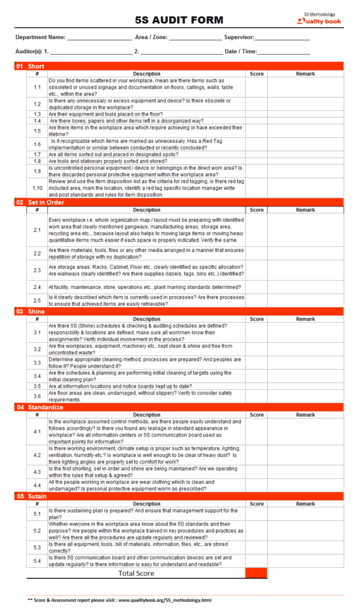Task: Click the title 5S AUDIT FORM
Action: click(x=179, y=20)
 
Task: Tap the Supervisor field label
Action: click(x=239, y=37)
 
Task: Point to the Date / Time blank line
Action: click(x=283, y=52)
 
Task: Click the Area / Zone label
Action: click(x=151, y=37)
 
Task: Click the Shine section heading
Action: click(x=37, y=312)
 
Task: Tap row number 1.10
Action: click(x=37, y=188)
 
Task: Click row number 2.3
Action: click(x=37, y=270)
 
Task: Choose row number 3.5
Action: click(x=37, y=386)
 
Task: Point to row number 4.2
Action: click(x=37, y=455)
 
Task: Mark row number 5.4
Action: click(x=37, y=561)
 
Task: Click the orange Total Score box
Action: click(x=256, y=573)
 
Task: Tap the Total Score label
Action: click(x=136, y=573)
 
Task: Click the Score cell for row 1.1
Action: click(x=256, y=88)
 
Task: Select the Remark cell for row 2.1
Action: click(x=305, y=230)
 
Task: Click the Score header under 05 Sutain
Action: click(x=256, y=504)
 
